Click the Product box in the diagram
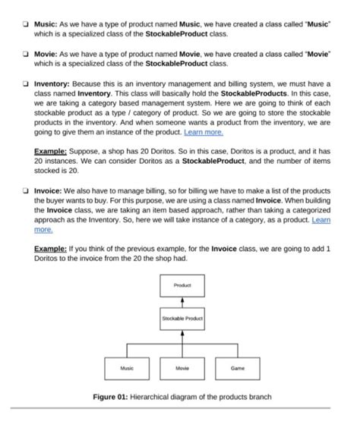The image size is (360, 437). pyautogui.click(x=182, y=285)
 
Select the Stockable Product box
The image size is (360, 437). pyautogui.click(x=182, y=319)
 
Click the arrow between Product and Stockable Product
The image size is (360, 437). pyautogui.click(x=182, y=302)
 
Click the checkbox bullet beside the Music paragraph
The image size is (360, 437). pyautogui.click(x=26, y=25)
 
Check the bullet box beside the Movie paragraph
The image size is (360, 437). pyautogui.click(x=26, y=55)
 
